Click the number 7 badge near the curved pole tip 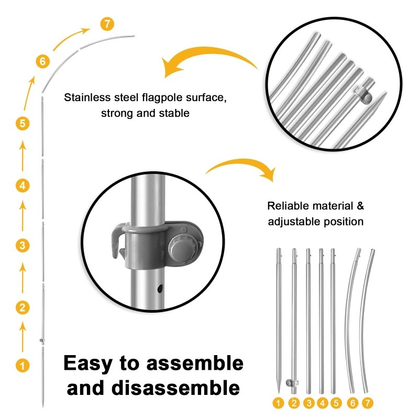point(107,24)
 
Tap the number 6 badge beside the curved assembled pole point(43,61)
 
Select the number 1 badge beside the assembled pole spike point(23,365)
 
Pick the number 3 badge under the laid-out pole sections point(309,403)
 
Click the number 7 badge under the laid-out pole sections point(368,403)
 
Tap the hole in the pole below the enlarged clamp point(160,289)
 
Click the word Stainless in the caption point(87,97)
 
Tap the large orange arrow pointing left point(208,60)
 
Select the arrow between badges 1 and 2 point(23,336)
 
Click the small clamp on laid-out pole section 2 point(292,383)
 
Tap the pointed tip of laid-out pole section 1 point(279,393)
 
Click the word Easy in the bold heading point(87,364)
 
